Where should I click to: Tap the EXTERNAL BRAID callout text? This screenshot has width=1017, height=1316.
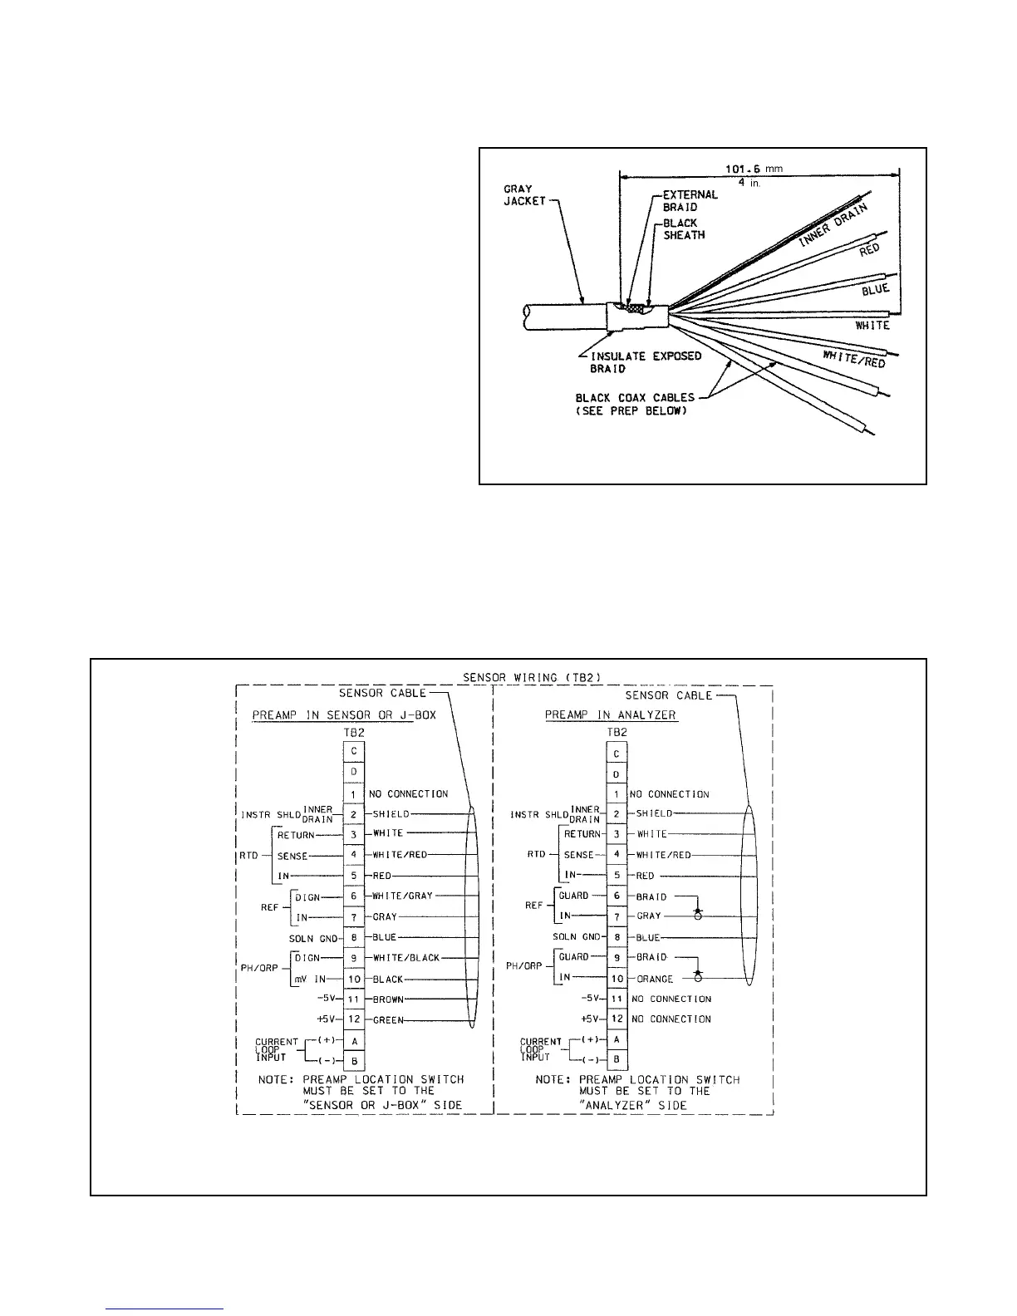tap(690, 200)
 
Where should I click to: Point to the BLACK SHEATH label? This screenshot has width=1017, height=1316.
tap(684, 228)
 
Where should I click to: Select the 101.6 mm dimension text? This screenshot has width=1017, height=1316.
tap(759, 169)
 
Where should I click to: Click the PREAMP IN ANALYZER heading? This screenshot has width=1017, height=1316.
tap(611, 714)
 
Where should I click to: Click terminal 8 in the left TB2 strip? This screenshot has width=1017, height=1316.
tap(354, 938)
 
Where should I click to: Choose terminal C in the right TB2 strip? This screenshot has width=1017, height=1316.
tap(616, 754)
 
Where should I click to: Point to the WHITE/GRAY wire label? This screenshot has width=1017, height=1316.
tap(403, 896)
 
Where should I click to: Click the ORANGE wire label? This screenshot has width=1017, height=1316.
tap(655, 979)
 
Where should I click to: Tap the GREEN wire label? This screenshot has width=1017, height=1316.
tap(388, 1020)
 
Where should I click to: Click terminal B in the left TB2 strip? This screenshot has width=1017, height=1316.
tap(354, 1061)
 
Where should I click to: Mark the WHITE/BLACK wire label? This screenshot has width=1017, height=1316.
tap(406, 958)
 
